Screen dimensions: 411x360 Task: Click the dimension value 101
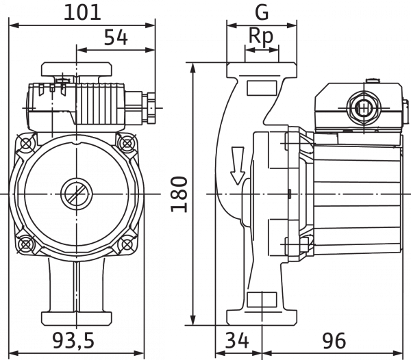tap(82, 12)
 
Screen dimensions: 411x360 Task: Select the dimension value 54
tap(116, 38)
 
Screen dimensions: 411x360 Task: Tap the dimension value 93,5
tap(73, 340)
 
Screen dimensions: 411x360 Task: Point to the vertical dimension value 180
tap(179, 194)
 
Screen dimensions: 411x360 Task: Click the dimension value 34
tap(237, 340)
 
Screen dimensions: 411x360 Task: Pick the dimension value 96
tap(334, 340)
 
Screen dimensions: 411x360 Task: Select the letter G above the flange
tap(262, 12)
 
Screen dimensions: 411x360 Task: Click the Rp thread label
tap(261, 36)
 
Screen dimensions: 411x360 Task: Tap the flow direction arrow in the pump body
tap(238, 166)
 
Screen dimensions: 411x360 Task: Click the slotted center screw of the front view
tap(77, 194)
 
